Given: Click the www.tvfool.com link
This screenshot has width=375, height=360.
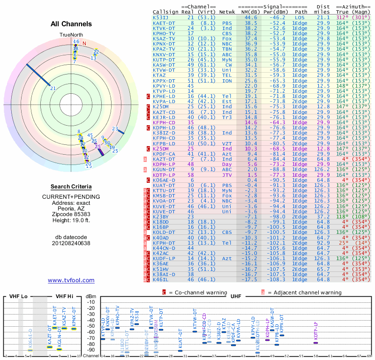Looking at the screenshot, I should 71,280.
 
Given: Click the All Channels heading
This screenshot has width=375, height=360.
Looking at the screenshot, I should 71,24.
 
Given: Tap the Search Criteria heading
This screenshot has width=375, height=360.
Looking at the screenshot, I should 71,187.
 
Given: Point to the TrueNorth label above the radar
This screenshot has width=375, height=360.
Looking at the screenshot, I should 71,35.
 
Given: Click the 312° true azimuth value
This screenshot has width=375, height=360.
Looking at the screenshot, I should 343,17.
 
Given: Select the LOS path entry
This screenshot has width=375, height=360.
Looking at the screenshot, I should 300,17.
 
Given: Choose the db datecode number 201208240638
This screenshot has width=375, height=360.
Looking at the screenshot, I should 71,243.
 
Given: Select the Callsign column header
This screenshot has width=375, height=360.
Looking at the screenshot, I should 165,12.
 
